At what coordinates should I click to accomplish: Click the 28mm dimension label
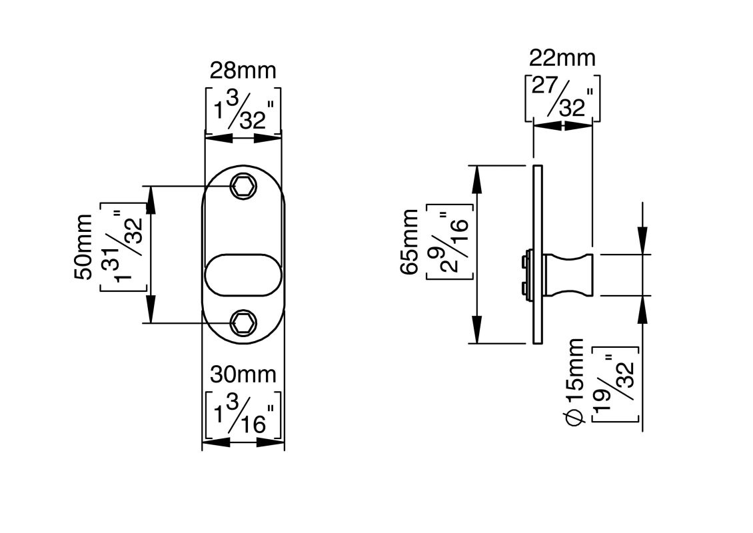coord(243,71)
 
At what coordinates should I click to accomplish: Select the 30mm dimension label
coord(243,375)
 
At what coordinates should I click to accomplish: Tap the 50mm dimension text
coord(83,247)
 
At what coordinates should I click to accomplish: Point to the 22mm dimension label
coord(562,59)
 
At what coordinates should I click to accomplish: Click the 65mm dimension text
coord(410,241)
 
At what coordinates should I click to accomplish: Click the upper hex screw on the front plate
coord(243,186)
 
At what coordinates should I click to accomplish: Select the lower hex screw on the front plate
coord(243,324)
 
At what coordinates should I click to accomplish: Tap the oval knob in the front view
coord(243,274)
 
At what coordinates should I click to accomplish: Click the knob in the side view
coord(568,274)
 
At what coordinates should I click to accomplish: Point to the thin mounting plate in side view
coord(538,255)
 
